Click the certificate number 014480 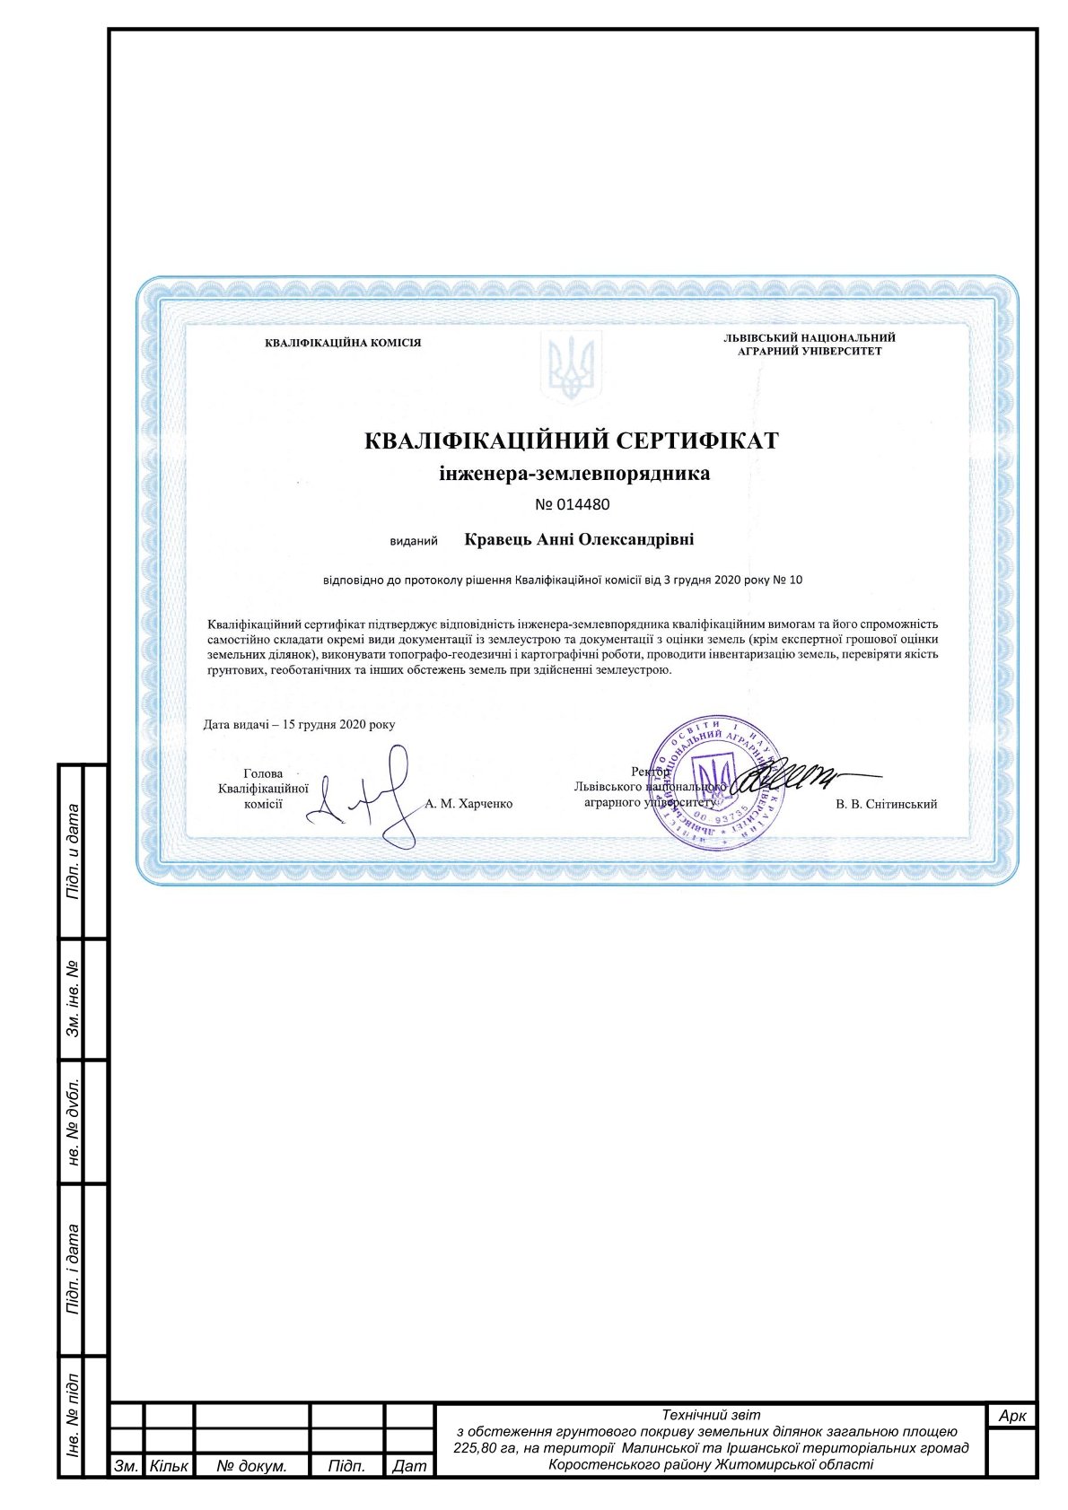[573, 504]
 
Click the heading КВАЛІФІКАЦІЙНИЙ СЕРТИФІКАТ [572, 441]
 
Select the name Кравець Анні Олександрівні [579, 540]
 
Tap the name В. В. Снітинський [886, 804]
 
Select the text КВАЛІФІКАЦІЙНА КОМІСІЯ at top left [343, 343]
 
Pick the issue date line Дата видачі [299, 724]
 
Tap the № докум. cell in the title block [252, 1466]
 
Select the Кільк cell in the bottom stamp [169, 1466]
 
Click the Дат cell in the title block [409, 1466]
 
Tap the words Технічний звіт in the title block [710, 1415]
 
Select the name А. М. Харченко [468, 804]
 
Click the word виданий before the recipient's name [414, 541]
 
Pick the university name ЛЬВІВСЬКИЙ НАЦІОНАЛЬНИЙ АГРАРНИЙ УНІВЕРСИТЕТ [810, 345]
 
